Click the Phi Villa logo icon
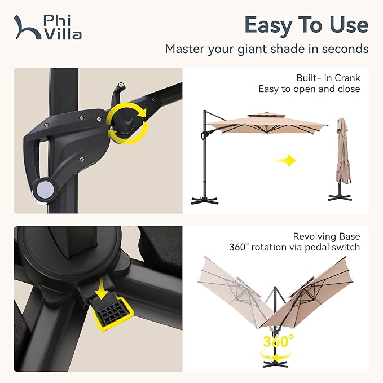27,28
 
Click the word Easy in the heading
268,25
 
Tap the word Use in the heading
349,25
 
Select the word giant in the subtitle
252,49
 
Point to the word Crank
347,78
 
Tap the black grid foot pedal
111,311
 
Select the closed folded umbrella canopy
343,151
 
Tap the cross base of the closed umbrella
340,197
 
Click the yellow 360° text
279,341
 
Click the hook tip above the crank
121,86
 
